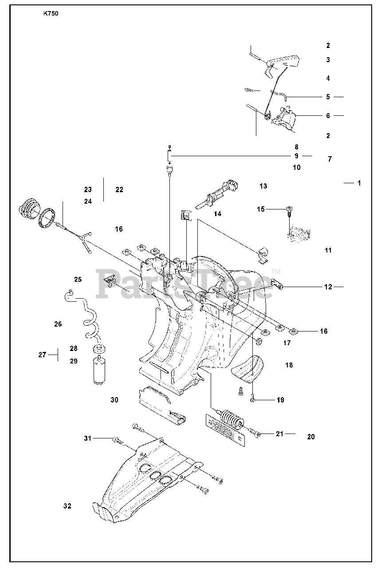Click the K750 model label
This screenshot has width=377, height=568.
tap(51, 13)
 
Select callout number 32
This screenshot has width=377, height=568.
tap(67, 506)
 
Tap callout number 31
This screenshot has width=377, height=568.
tap(88, 438)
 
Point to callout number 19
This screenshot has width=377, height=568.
tap(280, 400)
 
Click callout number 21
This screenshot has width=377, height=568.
tap(279, 434)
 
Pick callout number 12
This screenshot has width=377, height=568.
tap(328, 287)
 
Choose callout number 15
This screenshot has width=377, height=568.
tap(261, 209)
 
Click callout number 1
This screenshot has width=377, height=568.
tap(359, 183)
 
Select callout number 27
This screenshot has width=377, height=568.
tap(42, 355)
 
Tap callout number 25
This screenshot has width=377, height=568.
tap(78, 279)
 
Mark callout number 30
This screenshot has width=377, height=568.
tap(114, 400)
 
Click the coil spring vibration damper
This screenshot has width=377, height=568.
tap(230, 418)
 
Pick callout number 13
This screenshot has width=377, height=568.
tap(263, 186)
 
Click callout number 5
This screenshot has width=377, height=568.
tap(328, 97)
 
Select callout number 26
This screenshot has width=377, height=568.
tap(58, 324)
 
